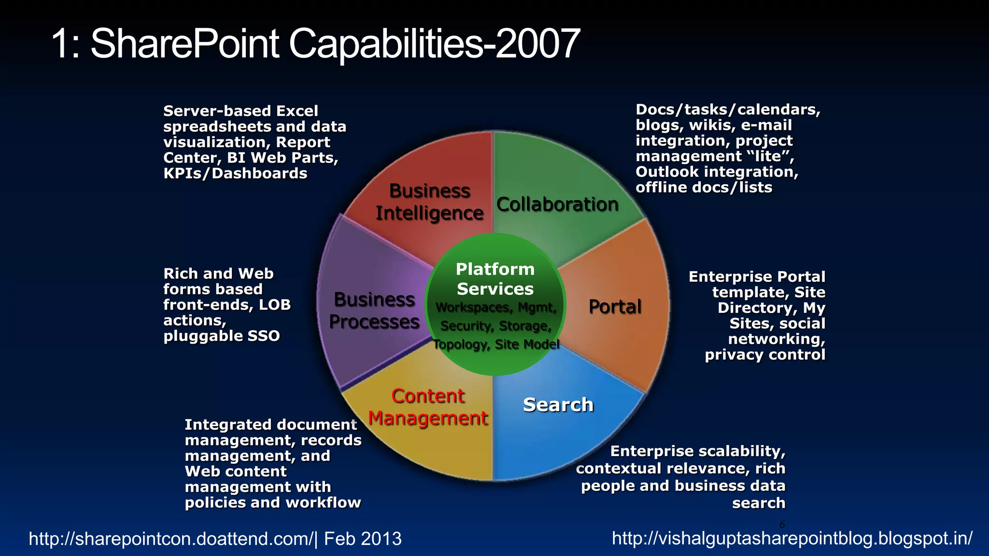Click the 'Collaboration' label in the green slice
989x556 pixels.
point(557,205)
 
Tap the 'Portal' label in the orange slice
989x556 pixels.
point(615,307)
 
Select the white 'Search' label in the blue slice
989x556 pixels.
point(558,405)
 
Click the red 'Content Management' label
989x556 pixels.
point(428,407)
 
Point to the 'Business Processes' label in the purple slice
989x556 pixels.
point(374,311)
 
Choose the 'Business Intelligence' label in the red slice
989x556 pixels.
point(429,202)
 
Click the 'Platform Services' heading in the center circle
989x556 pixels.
point(495,279)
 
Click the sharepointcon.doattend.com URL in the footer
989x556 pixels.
point(171,539)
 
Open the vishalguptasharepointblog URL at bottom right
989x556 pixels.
point(792,538)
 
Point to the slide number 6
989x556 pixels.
point(782,525)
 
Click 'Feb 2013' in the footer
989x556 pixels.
point(363,539)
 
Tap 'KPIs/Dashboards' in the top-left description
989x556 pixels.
point(235,173)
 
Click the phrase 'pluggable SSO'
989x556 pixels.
point(222,336)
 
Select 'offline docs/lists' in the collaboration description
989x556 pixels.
point(704,187)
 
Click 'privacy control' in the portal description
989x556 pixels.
point(765,355)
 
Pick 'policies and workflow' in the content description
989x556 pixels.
point(273,502)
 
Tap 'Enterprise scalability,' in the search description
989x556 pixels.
point(698,451)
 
